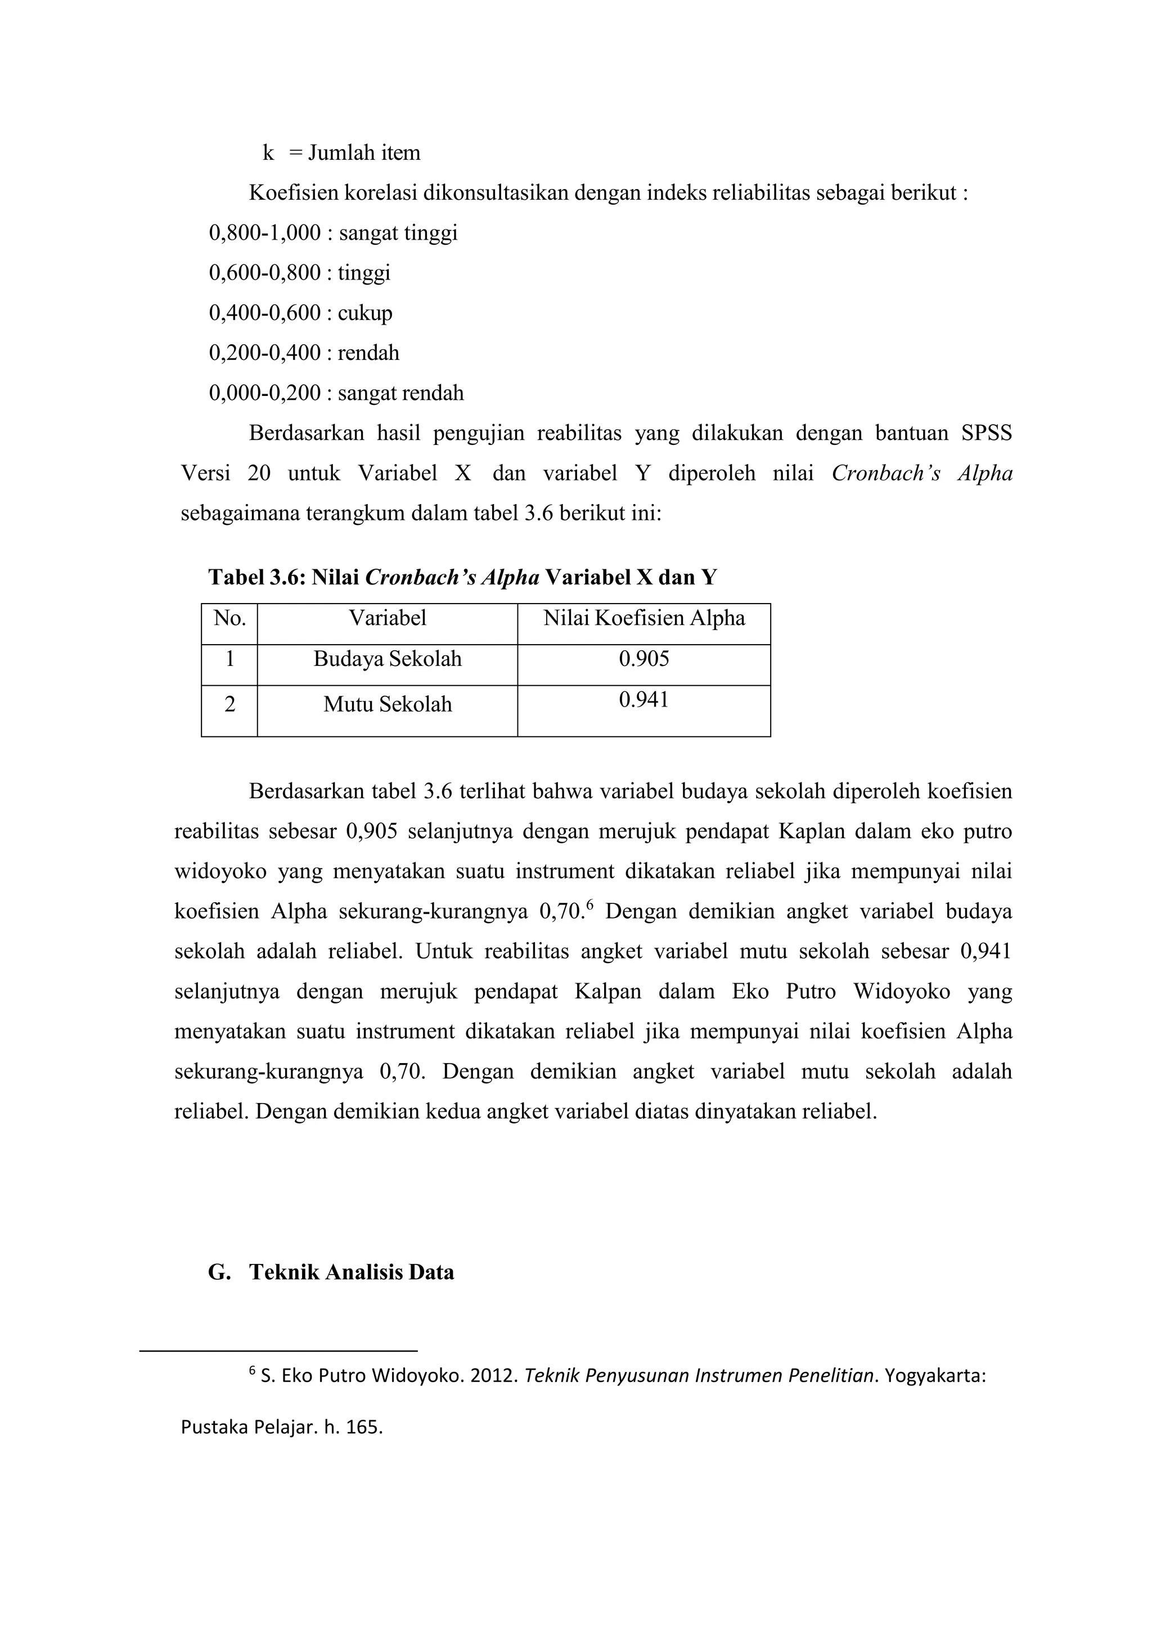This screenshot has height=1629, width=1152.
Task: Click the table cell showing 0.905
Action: click(x=643, y=659)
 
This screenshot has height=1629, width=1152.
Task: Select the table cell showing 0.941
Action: click(x=643, y=700)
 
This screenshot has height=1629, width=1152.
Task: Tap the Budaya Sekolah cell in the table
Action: click(x=388, y=659)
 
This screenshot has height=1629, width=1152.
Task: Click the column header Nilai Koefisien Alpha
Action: click(x=643, y=619)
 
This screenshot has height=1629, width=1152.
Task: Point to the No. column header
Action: click(x=229, y=619)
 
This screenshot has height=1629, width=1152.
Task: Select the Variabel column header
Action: click(x=388, y=619)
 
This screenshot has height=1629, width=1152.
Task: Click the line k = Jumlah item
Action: click(x=341, y=153)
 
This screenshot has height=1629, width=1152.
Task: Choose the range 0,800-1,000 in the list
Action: click(x=264, y=233)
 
